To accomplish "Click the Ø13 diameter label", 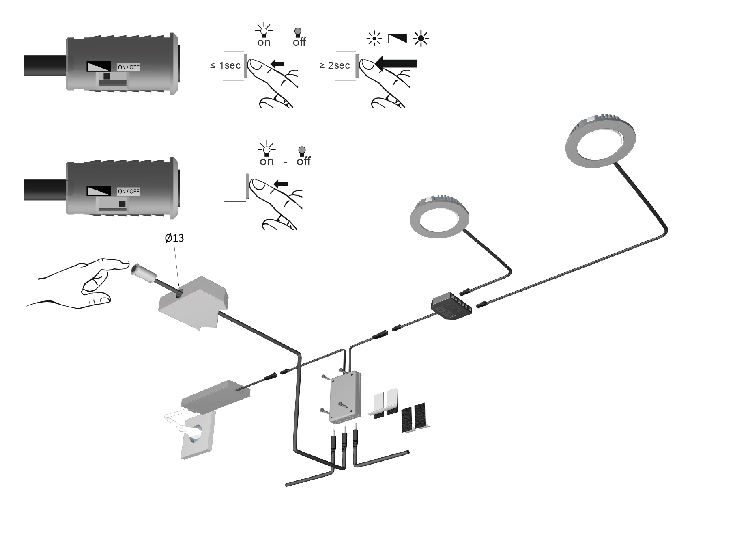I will pos(174,238).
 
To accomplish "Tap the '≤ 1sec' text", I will pos(225,65).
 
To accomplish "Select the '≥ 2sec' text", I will pos(334,65).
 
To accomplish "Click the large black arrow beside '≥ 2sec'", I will pos(397,64).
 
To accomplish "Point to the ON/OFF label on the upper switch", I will pos(128,67).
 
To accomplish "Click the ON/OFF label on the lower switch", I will pos(128,191).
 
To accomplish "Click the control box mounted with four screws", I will pos(345,396).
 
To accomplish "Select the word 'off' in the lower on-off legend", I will pos(303,161).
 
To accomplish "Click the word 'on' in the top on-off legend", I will pos(264,42).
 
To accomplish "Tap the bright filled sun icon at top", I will pos(421,39).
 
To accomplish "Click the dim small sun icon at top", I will pos(374,39).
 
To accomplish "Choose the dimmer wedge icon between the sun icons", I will pos(397,39).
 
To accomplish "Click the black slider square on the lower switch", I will pos(122,204).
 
